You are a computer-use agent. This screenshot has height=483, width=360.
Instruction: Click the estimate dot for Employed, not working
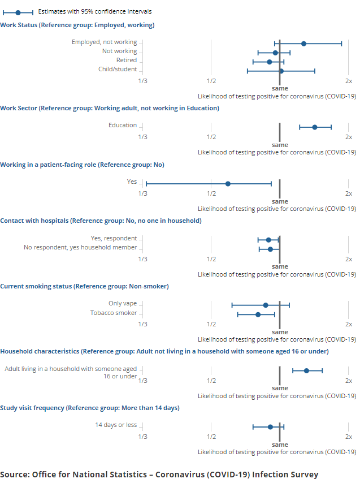click(x=303, y=43)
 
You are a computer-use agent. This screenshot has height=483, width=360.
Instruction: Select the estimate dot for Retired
click(x=269, y=61)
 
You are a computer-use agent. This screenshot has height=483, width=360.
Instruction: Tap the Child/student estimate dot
click(x=281, y=71)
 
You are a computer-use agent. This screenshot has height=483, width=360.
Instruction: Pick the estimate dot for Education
click(x=315, y=127)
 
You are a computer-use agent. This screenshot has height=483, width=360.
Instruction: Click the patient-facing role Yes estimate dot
click(x=228, y=183)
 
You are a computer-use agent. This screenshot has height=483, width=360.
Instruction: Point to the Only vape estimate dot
click(x=266, y=305)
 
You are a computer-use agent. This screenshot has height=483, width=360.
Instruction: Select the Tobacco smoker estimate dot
click(x=258, y=314)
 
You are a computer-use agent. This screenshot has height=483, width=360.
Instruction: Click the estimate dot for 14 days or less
click(x=270, y=426)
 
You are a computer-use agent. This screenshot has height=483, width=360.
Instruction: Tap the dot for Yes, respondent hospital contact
click(x=268, y=240)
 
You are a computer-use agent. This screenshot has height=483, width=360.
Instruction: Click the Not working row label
click(x=119, y=51)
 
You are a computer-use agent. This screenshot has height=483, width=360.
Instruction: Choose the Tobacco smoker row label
click(x=114, y=313)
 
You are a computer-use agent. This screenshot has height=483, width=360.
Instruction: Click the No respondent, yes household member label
click(x=80, y=247)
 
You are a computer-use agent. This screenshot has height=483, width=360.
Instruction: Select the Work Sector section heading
click(x=110, y=108)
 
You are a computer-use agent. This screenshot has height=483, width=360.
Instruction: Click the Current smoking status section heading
click(x=84, y=286)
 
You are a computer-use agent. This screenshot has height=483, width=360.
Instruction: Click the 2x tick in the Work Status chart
click(x=349, y=80)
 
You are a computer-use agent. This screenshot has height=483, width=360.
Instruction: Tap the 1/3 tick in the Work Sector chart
click(x=143, y=136)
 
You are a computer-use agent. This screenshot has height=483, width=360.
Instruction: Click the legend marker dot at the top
click(x=18, y=12)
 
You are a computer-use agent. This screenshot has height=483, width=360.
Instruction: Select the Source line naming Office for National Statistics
click(x=159, y=474)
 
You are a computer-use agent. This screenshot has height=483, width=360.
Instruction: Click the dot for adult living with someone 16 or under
click(x=306, y=370)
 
